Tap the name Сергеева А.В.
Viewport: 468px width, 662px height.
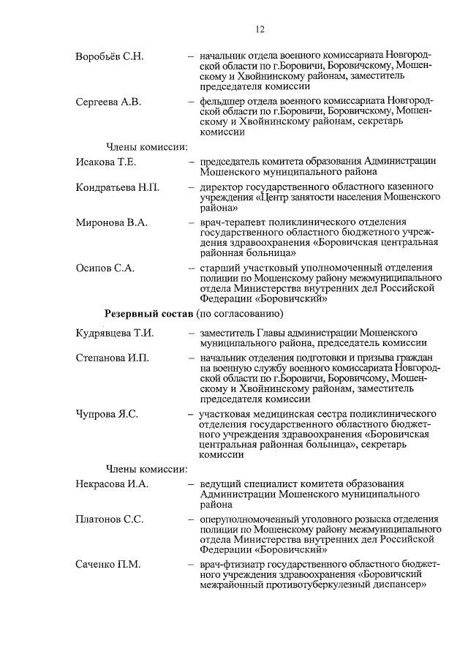click(108, 102)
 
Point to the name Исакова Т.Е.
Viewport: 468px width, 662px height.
click(106, 162)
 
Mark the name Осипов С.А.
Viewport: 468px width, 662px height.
click(105, 268)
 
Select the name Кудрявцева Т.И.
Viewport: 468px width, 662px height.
click(114, 334)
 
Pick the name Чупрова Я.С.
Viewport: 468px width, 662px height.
click(107, 414)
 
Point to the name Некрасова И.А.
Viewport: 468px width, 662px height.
click(112, 484)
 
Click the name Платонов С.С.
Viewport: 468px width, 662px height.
click(110, 519)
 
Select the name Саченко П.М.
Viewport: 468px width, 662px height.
click(108, 565)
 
